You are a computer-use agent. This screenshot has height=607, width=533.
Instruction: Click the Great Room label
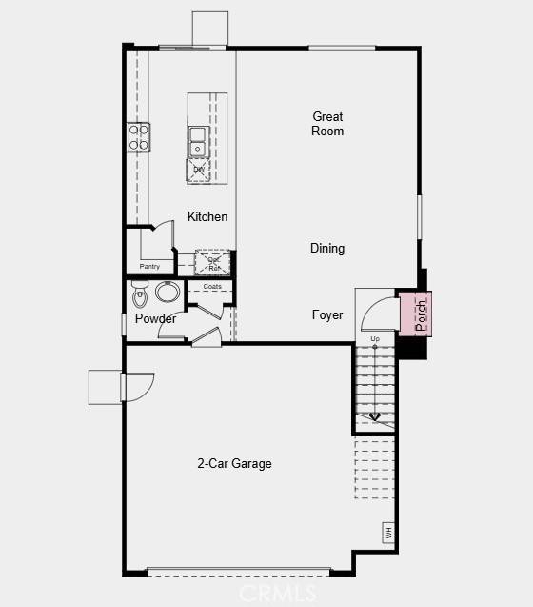click(327, 124)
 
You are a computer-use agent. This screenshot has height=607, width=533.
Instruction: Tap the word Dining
click(327, 249)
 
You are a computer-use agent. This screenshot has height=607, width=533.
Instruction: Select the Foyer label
click(327, 315)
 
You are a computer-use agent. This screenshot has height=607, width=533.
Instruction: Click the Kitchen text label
click(207, 217)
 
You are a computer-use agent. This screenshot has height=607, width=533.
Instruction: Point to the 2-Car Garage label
click(234, 464)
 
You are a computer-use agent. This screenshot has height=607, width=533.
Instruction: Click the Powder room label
click(155, 319)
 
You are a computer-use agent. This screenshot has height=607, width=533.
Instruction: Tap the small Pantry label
click(150, 267)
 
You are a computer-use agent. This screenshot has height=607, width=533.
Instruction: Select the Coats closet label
click(211, 287)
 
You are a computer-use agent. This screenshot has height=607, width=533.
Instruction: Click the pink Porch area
click(414, 314)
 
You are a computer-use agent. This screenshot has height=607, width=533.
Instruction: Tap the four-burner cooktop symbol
click(139, 137)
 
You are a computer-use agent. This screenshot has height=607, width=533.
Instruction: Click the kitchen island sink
click(198, 141)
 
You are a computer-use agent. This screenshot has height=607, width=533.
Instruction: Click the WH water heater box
click(388, 532)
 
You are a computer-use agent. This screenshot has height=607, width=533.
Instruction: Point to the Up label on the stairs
click(375, 339)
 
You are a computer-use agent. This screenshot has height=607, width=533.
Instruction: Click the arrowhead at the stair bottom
click(375, 416)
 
